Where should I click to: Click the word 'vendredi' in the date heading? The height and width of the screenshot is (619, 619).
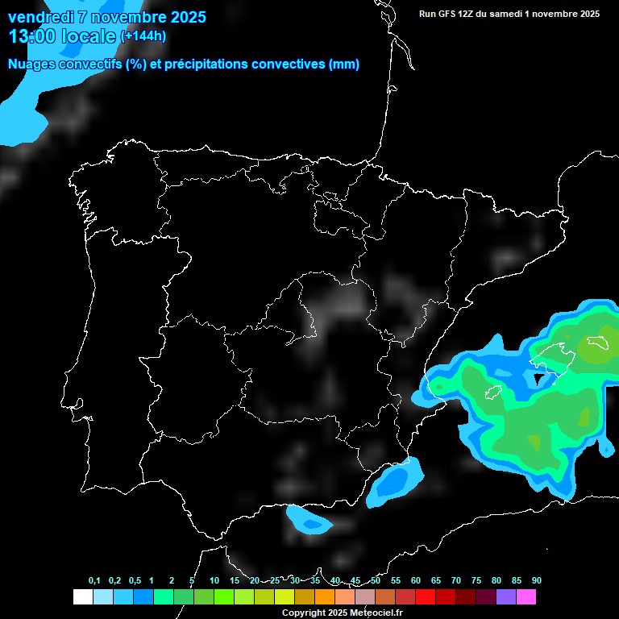pyautogui.click(x=41, y=17)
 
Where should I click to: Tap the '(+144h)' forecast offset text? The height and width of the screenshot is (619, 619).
pyautogui.click(x=143, y=36)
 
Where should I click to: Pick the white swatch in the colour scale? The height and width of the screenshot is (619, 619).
pyautogui.click(x=82, y=597)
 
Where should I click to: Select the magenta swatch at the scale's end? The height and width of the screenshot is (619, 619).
pyautogui.click(x=526, y=597)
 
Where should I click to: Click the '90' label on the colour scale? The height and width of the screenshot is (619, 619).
pyautogui.click(x=536, y=580)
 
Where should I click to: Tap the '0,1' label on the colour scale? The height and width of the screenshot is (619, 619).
pyautogui.click(x=94, y=580)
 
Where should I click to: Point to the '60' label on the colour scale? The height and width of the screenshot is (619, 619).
pyautogui.click(x=416, y=580)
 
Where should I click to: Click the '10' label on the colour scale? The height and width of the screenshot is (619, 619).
pyautogui.click(x=214, y=580)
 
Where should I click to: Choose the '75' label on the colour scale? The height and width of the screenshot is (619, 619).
pyautogui.click(x=476, y=580)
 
